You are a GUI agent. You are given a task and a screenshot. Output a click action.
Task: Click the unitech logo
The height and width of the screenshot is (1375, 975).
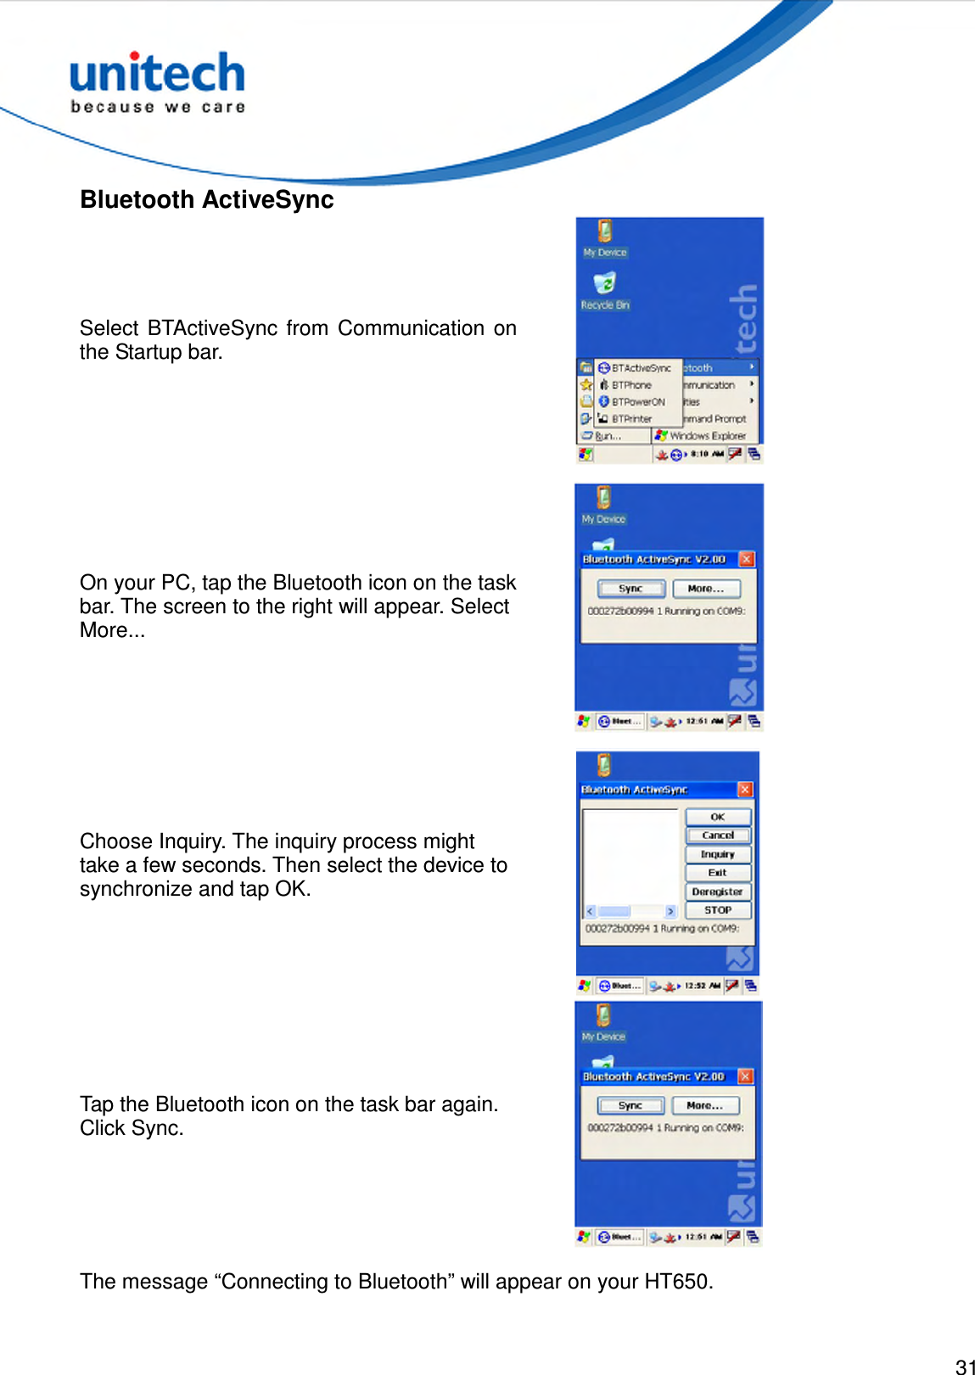(x=157, y=74)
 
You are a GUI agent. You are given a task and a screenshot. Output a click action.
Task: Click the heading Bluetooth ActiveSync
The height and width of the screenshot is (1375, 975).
(x=207, y=200)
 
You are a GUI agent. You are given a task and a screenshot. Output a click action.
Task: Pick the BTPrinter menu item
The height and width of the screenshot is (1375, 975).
(x=631, y=419)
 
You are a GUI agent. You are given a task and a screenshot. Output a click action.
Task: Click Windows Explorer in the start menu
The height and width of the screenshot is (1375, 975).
(x=707, y=436)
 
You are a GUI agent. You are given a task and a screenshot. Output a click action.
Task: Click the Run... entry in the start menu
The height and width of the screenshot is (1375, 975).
(x=608, y=436)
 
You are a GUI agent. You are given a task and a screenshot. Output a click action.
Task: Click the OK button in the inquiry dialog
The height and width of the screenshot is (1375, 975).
(x=718, y=817)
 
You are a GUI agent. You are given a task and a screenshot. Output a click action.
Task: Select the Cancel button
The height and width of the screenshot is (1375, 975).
(x=718, y=836)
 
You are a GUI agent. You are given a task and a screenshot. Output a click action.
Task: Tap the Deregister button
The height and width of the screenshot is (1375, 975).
(x=718, y=892)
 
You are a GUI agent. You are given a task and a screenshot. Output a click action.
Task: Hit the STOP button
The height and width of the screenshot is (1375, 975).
(x=718, y=910)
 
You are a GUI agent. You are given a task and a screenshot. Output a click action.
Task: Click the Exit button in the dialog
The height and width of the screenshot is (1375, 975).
(x=718, y=873)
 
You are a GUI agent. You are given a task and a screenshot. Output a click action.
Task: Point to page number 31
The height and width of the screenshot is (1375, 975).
(x=965, y=1367)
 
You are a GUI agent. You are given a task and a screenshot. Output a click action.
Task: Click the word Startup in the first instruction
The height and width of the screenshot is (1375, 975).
(x=148, y=352)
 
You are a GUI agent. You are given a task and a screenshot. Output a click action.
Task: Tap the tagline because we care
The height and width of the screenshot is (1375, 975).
(x=158, y=107)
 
